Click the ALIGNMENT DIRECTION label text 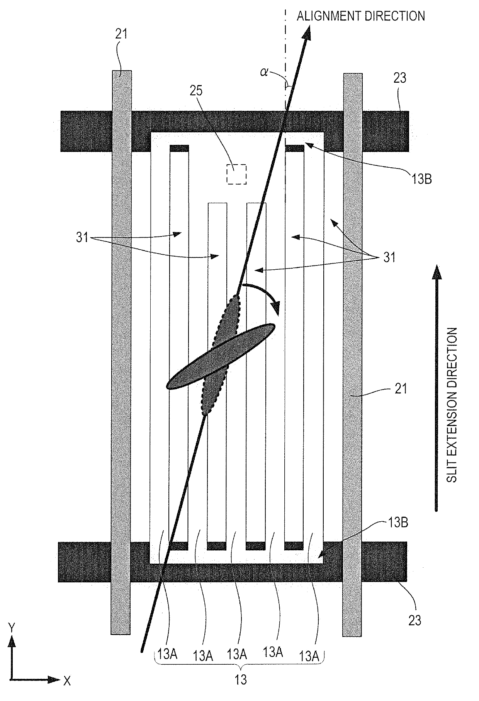360,16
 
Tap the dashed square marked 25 236,174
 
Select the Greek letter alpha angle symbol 264,72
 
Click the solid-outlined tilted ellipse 221,356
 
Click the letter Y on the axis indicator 12,628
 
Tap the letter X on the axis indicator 67,681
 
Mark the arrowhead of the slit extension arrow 437,272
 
